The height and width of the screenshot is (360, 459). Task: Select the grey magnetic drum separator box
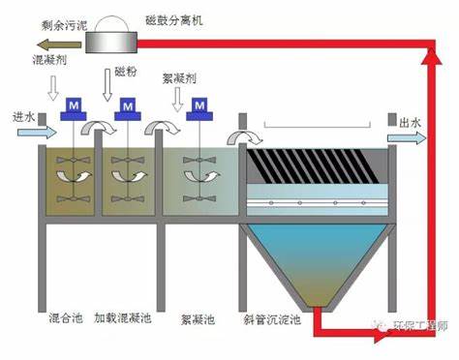click(111, 40)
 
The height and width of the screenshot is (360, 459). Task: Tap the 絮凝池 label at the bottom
click(197, 318)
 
